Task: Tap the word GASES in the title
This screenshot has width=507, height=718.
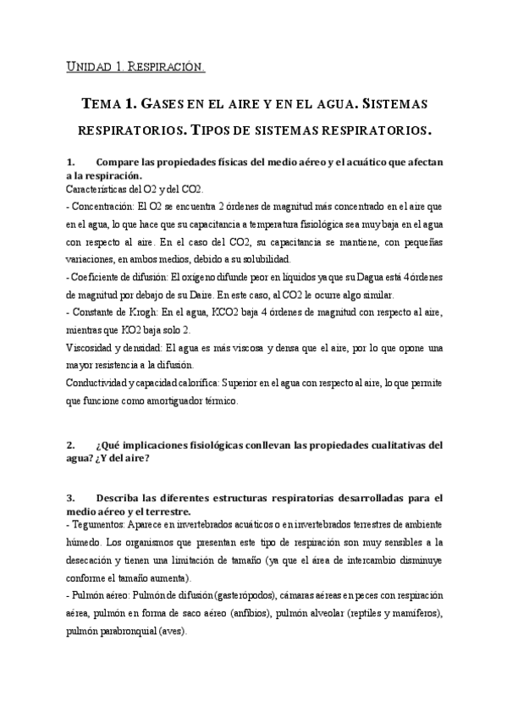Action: [x=166, y=104]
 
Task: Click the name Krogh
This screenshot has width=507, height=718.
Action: [x=135, y=312]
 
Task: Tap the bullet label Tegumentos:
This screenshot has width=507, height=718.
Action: [x=96, y=524]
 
